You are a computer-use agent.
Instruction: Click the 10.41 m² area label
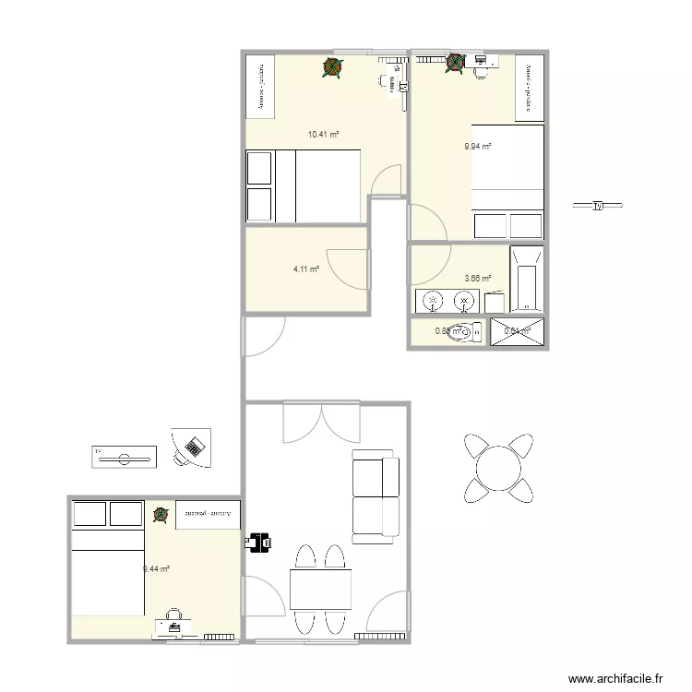click(323, 135)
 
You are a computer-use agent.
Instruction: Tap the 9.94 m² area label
click(477, 146)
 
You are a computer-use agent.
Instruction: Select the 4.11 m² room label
click(306, 269)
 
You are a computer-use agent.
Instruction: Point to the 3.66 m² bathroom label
click(477, 278)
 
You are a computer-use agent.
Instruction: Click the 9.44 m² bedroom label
click(156, 569)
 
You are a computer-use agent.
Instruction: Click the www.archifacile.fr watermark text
click(615, 678)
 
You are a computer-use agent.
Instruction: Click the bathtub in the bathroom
click(526, 277)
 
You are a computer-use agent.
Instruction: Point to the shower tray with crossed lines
click(518, 331)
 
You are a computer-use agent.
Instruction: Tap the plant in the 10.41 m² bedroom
click(332, 66)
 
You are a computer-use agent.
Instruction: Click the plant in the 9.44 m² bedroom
click(161, 515)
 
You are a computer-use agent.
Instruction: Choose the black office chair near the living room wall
click(259, 541)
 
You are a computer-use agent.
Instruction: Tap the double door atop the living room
click(320, 422)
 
